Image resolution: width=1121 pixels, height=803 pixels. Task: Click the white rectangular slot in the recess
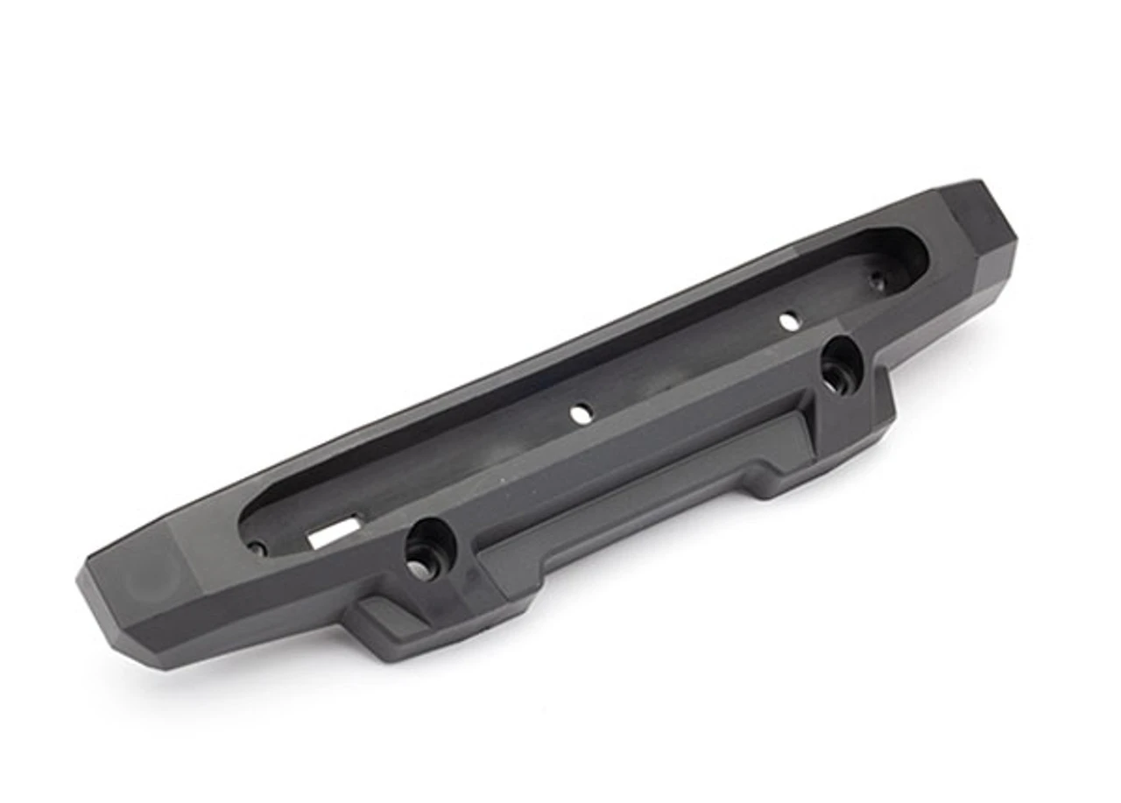point(334,532)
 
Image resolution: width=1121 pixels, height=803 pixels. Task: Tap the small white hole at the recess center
point(581,414)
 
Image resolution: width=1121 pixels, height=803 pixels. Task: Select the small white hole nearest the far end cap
point(789,321)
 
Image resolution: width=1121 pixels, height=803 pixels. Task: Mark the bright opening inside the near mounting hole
point(420,570)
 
